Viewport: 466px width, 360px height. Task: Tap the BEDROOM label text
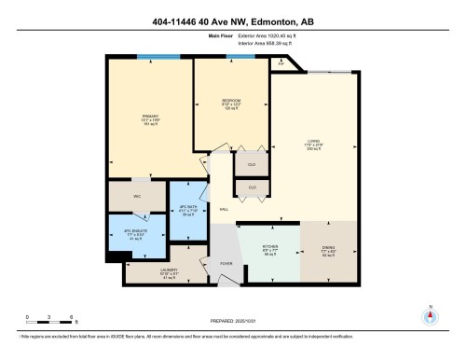(x=232, y=100)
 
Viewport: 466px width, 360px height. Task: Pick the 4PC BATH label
(x=187, y=206)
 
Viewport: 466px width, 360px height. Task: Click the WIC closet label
(x=136, y=196)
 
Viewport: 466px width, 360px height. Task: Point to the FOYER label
(x=226, y=264)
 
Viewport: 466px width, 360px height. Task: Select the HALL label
(x=224, y=209)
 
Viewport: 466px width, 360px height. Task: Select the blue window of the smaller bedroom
(x=240, y=58)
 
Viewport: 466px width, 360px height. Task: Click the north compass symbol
(x=430, y=314)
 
